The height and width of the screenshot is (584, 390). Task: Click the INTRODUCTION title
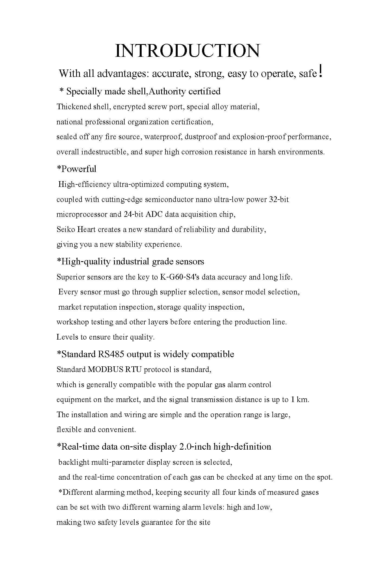click(187, 51)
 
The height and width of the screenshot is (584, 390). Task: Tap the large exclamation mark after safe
click(321, 71)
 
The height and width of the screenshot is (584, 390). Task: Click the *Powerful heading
click(76, 169)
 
